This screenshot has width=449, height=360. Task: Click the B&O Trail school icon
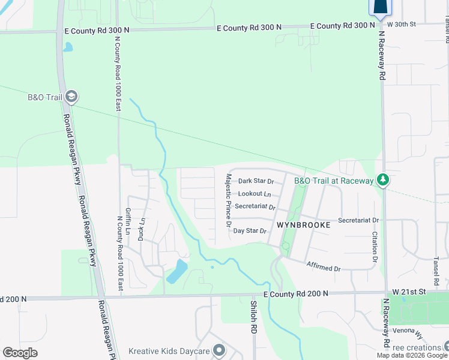(71, 97)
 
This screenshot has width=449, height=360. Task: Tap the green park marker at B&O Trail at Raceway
(381, 180)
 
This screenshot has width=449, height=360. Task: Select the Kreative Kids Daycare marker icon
(218, 350)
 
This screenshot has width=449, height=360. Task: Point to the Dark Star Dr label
(256, 181)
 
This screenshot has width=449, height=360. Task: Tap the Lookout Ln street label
(255, 194)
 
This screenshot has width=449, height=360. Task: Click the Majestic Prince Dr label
(228, 200)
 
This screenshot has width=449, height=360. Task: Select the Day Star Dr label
(250, 230)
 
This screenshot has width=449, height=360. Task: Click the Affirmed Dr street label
(324, 266)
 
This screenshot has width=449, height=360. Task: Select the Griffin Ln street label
(128, 222)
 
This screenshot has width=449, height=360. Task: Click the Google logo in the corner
(20, 353)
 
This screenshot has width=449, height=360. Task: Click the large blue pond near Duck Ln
(176, 271)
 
